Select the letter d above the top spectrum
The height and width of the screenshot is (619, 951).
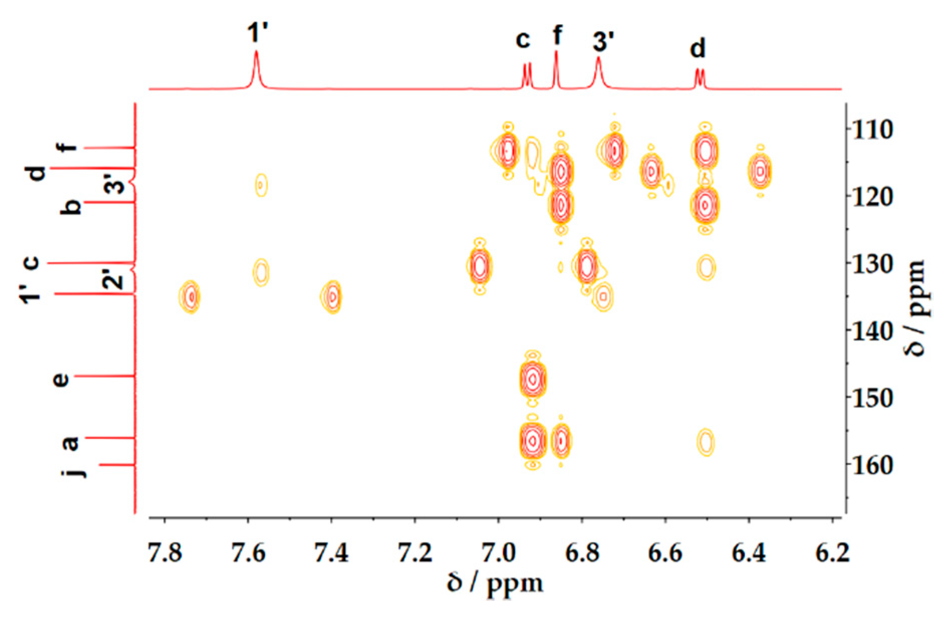[x=698, y=49]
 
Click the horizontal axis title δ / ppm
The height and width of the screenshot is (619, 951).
[x=495, y=584]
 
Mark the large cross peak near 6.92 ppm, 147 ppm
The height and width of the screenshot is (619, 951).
[x=533, y=380]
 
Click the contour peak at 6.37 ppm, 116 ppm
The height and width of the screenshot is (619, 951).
[x=760, y=172]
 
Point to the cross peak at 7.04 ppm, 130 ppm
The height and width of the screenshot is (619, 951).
[x=480, y=266]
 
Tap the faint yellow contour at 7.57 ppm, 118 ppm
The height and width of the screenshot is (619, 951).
[x=261, y=185]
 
